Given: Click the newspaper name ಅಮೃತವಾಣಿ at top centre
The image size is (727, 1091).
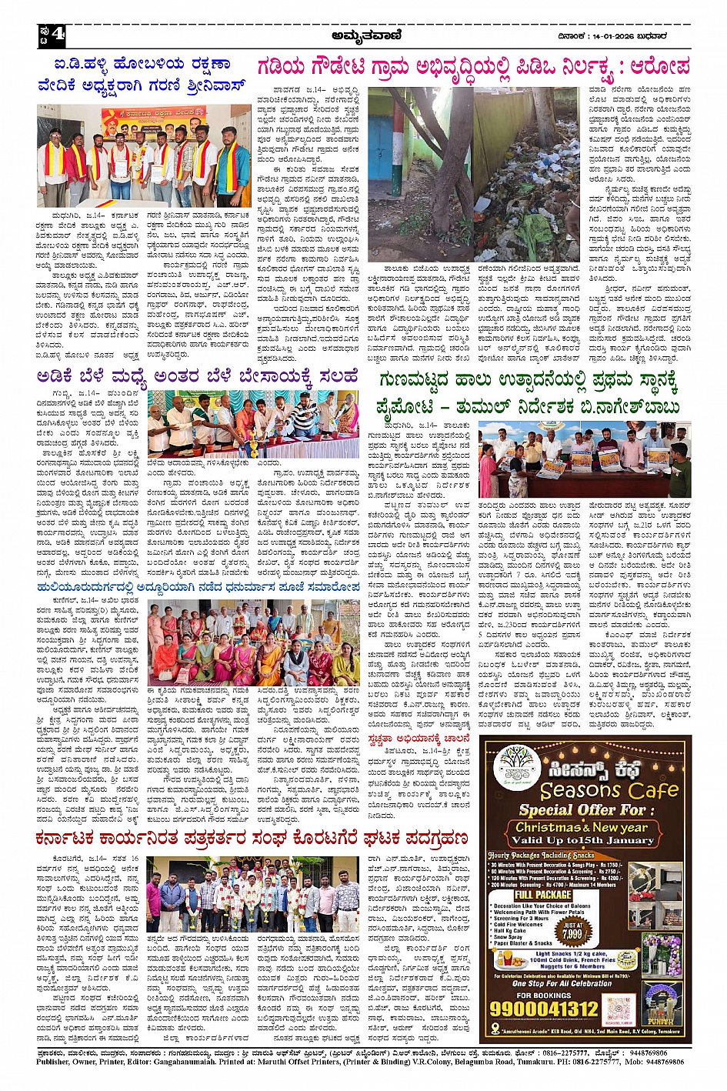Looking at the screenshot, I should pyautogui.click(x=365, y=34).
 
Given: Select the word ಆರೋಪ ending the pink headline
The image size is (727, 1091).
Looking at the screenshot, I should pyautogui.click(x=659, y=66).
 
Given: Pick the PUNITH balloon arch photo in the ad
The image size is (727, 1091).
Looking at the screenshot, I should pyautogui.click(x=662, y=1003).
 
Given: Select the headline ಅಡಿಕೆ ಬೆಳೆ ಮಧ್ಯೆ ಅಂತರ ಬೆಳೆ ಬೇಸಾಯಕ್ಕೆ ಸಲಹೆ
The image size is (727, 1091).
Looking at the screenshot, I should pyautogui.click(x=198, y=377).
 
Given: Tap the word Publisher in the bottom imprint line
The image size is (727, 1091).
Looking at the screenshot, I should pyautogui.click(x=53, y=1062).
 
